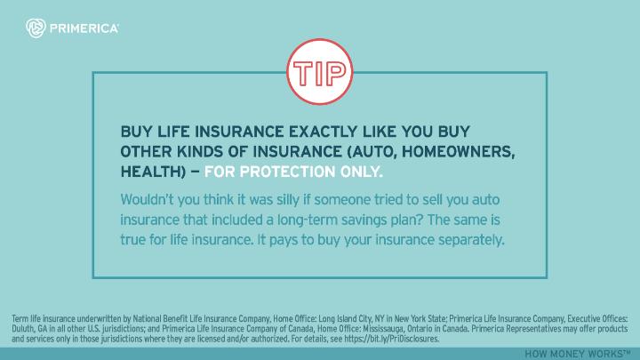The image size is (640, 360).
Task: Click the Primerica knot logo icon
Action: pos(36,28)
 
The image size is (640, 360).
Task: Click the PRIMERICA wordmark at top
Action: pos(84,29)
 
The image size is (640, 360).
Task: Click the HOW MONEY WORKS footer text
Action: pos(579,354)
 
